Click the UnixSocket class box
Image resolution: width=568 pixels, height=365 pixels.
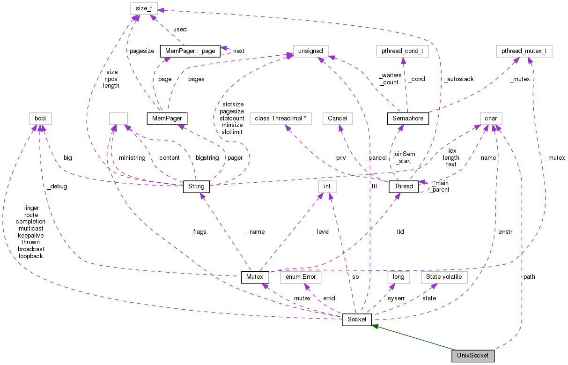coord(473,356)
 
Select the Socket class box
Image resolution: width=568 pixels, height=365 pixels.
coord(357,320)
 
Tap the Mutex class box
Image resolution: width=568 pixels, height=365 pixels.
coord(255,277)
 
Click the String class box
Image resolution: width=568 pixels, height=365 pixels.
coord(196,186)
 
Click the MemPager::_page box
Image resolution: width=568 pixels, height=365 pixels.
coord(190,51)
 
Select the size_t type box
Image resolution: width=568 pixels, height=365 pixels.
coord(143,8)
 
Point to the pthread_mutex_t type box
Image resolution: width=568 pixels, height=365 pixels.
coord(524,51)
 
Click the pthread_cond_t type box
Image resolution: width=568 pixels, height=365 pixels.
coord(402,51)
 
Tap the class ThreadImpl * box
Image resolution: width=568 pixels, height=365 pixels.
coord(280,119)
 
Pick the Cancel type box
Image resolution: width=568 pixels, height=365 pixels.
coord(338,119)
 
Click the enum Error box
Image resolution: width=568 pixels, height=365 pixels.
coord(300,277)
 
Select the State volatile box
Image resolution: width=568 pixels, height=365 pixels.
coord(444,277)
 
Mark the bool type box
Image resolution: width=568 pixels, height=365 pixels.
coord(40,119)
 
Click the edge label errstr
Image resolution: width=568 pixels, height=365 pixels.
coord(505,231)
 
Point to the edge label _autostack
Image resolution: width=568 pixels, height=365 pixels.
coord(458,79)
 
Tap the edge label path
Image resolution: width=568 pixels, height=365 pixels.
coord(529,277)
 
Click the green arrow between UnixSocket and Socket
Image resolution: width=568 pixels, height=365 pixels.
coord(412,337)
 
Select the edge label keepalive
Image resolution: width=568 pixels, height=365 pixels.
coord(30,235)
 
